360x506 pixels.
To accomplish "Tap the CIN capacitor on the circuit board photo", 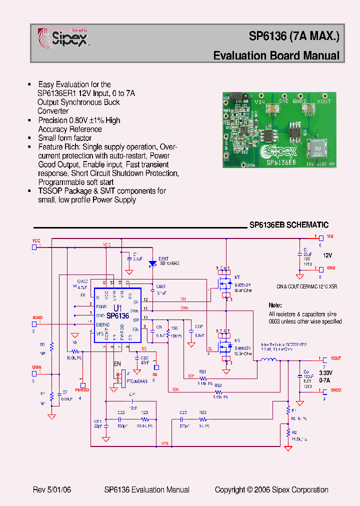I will [x=273, y=109].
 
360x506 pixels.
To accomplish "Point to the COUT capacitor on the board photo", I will [x=310, y=108].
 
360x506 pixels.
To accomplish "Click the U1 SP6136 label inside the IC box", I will [x=118, y=312].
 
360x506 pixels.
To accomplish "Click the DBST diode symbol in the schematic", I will [x=153, y=263].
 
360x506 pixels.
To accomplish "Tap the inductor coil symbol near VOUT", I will [x=269, y=360].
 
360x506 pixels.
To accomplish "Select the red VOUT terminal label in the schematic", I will [x=335, y=358].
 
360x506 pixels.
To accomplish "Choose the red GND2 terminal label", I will [x=335, y=390].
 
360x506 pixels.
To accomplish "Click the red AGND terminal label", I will [x=37, y=317].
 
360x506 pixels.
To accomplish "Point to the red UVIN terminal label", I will [x=37, y=367].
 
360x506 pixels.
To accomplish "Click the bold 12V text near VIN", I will [x=327, y=255].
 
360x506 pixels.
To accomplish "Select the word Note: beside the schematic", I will [x=275, y=305].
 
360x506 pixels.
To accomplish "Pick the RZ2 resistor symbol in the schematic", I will [x=144, y=419].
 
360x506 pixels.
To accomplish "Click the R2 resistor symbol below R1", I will [x=288, y=431].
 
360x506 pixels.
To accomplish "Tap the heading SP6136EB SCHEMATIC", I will [x=289, y=225].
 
